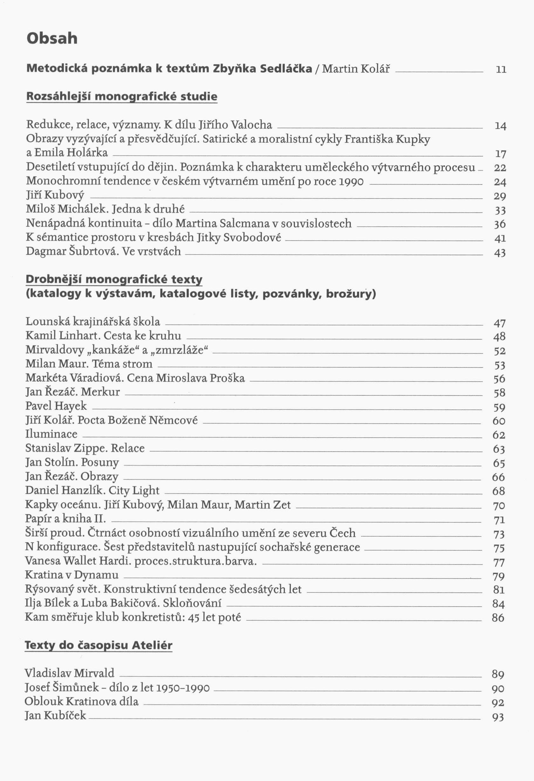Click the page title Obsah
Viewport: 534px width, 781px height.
[x=52, y=38]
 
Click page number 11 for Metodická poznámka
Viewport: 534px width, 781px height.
[x=501, y=70]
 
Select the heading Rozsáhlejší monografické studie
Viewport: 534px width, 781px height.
[x=121, y=97]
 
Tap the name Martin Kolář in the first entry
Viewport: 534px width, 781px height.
[x=356, y=69]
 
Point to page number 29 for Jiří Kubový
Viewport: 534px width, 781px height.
[x=500, y=196]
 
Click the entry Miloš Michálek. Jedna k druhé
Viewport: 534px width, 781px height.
[x=105, y=209]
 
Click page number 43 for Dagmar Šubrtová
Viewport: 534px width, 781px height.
[x=500, y=252]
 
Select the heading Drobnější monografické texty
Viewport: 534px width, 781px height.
[x=114, y=279]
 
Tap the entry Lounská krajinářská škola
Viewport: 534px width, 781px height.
[x=93, y=322]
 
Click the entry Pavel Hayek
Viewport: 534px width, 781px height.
[x=56, y=406]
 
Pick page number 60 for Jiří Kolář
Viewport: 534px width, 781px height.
[x=499, y=421]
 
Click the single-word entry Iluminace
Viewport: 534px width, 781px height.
[x=51, y=434]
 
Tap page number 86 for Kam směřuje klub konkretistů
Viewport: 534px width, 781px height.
[x=498, y=618]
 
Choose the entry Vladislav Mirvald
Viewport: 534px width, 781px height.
[x=69, y=673]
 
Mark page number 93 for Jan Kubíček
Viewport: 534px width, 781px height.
[x=498, y=717]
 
